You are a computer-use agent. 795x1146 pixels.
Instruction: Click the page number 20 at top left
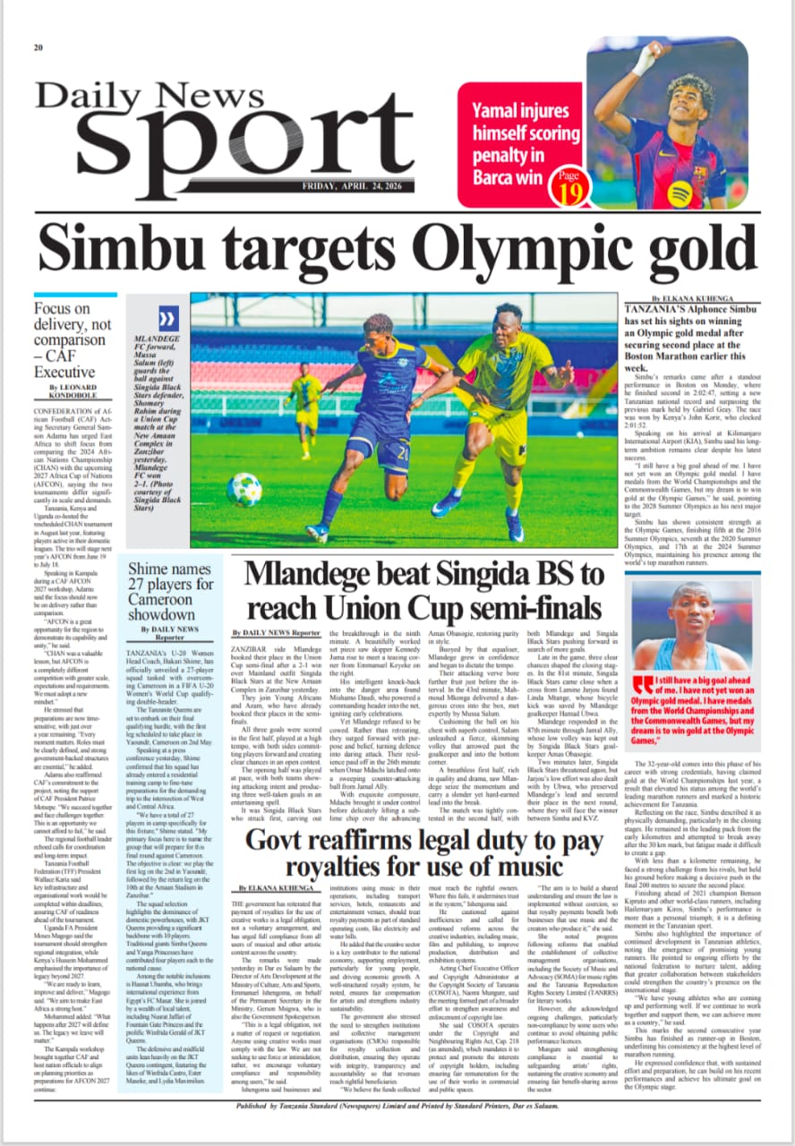click(38, 47)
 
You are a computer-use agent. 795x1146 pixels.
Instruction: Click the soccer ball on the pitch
click(244, 489)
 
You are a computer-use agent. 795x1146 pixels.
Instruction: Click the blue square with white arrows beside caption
click(167, 319)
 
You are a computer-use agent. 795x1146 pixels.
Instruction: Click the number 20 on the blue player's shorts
click(404, 453)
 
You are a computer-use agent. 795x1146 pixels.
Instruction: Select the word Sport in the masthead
click(224, 134)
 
